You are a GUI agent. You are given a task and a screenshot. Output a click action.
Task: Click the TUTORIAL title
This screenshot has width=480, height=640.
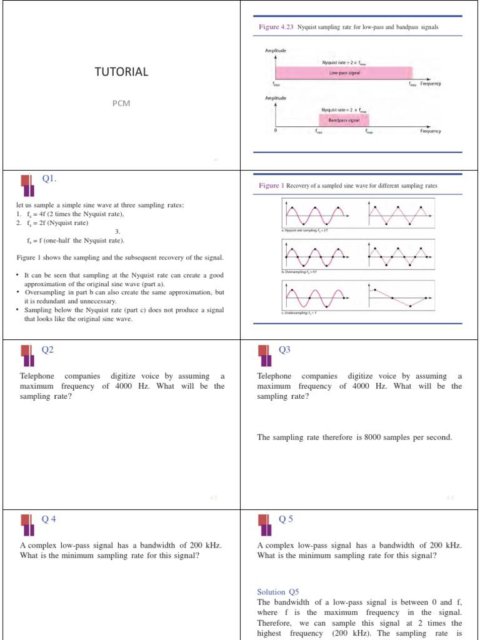pos(121,72)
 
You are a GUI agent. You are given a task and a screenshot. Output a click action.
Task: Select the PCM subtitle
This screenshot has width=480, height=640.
pos(121,103)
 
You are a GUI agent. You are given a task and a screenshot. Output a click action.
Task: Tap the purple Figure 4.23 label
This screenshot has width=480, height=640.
pos(276,27)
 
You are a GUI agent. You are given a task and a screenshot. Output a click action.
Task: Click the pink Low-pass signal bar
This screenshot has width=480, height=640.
pos(344,72)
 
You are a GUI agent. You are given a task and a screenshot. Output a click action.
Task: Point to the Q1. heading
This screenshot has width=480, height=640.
pos(49,179)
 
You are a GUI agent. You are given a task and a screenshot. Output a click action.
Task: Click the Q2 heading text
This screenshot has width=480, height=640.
pos(47,350)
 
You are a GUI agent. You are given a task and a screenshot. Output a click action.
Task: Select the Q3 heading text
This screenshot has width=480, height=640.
pos(284,350)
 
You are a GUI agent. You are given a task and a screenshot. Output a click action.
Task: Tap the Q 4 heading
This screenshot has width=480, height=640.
pos(49,519)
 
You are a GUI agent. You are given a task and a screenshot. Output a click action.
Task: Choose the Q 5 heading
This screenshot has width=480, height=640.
pos(286,519)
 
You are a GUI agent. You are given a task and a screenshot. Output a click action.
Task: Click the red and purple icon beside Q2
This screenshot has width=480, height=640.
pos(27,354)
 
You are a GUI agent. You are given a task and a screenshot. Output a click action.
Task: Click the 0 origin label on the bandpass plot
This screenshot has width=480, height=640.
pos(275,131)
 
